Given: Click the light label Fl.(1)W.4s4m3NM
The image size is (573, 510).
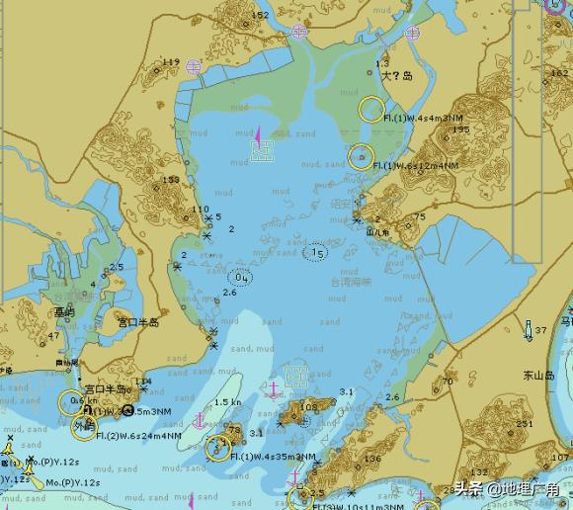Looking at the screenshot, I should point(425,118).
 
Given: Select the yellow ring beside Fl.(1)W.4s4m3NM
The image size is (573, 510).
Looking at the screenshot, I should point(371,109).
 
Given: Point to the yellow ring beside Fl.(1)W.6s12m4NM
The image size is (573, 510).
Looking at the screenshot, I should point(361,156).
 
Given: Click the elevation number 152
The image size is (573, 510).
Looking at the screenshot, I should point(260,16).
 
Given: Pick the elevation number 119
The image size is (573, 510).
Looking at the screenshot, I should point(171,63).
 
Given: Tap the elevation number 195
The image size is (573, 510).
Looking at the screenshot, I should point(460,129).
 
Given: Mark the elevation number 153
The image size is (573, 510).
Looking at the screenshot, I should point(171,180).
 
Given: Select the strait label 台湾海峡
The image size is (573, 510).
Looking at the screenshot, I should point(351,282).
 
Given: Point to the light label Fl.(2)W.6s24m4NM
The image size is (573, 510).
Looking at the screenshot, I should point(138,435).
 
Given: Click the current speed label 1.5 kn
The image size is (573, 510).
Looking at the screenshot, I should point(227,402).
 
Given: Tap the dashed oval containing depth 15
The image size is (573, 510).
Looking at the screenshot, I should point(316,253).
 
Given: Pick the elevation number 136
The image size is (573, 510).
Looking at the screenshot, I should point(372,459).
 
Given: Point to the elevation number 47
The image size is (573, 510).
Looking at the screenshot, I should point(53,336).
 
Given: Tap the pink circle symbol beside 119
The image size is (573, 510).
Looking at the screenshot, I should point(194,66).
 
